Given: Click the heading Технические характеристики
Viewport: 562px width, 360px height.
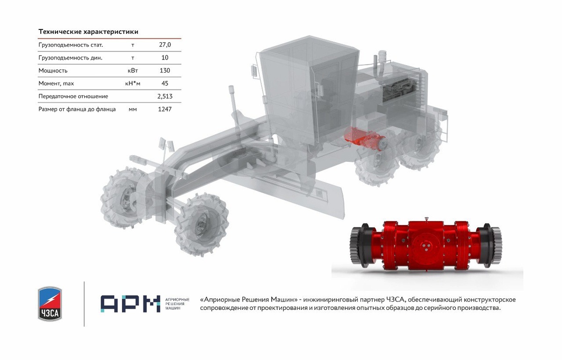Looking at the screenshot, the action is tap(89, 31).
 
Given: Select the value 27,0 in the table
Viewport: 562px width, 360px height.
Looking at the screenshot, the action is tap(165, 45).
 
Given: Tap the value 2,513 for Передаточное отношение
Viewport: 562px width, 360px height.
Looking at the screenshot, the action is tap(165, 97).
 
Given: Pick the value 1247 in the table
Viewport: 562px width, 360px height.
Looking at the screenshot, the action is tap(165, 109).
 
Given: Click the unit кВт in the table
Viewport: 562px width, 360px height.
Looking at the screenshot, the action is tap(133, 70).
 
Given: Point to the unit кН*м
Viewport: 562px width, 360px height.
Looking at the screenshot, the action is tap(133, 83).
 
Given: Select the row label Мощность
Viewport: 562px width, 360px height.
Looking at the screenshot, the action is tap(53, 70).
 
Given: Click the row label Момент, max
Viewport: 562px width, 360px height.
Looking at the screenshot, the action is tap(56, 83).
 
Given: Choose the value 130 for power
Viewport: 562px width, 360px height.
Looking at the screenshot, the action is tap(165, 70).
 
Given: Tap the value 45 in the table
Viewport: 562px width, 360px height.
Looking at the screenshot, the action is tap(165, 83).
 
